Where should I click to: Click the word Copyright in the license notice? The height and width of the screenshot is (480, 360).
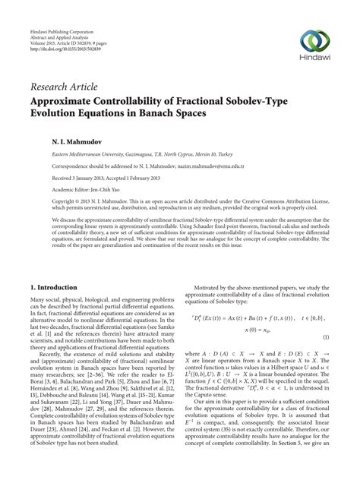[x=43, y=202]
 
